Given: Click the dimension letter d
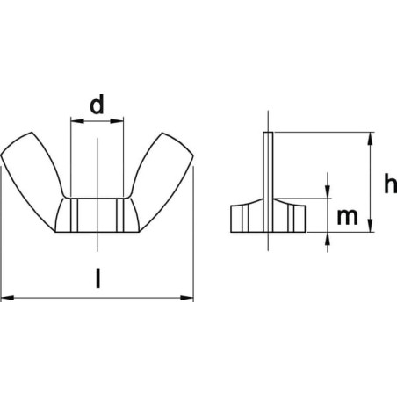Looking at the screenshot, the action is point(97,105).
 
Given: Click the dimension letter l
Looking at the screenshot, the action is point(98,278).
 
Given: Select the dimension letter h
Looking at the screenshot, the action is point(390,184).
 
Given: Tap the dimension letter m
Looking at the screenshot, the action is point(348,217).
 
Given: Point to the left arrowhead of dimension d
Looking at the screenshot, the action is point(77,121).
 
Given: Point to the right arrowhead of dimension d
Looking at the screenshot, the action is point(117,121).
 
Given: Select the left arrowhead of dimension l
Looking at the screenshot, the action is point(8,298).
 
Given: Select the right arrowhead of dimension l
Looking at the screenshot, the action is point(187,298).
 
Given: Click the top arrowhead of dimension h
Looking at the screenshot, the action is point(371,139).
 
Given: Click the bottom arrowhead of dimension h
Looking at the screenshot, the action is point(371,226).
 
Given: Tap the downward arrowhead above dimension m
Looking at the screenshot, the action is point(328,191).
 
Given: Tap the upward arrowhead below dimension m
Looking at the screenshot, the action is point(328,239).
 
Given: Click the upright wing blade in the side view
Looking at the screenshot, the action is point(268,182).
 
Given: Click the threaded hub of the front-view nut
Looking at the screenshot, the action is point(97,215).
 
